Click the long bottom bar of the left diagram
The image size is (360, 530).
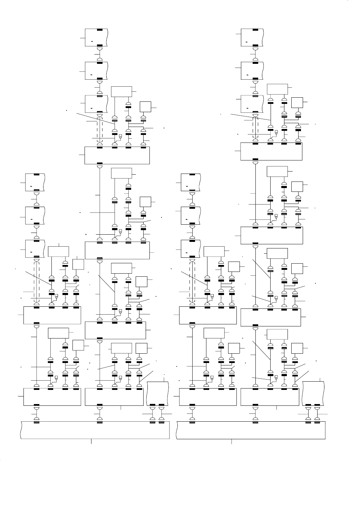95,430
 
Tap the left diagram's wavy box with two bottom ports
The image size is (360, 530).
158,394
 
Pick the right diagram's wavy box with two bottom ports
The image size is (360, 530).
313,394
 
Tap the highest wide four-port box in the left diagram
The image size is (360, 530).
117,156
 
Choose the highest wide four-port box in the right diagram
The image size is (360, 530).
271,151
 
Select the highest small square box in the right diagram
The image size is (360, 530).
297,102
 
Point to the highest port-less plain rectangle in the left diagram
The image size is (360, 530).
121,91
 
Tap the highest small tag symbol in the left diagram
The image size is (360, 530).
120,136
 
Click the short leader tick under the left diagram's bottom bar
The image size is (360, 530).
91,441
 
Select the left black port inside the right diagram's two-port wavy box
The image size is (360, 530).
309,404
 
